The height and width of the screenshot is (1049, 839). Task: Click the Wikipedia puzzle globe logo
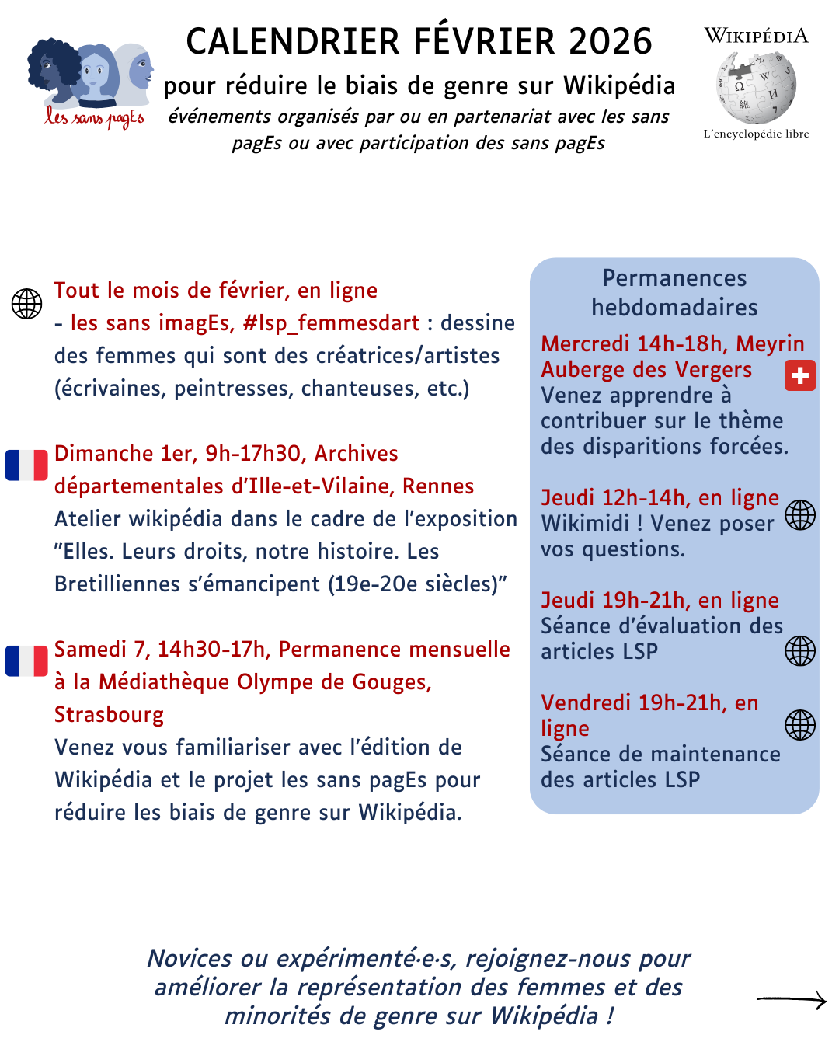coord(756,87)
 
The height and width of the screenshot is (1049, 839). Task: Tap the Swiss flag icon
coord(799,375)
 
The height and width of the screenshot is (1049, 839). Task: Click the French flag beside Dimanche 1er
coord(26,465)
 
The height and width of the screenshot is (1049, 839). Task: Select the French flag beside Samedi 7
coord(26,660)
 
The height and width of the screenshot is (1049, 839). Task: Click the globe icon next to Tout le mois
coord(26,304)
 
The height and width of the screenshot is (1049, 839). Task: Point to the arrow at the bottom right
coord(791,1000)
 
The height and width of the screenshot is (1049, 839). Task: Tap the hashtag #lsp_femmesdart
coord(331,323)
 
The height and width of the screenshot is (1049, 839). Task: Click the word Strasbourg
coord(109,715)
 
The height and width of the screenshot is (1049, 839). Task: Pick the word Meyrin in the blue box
coord(770,343)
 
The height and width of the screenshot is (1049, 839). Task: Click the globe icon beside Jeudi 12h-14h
coord(799,514)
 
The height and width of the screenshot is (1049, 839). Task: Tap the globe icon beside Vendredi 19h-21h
coord(799,725)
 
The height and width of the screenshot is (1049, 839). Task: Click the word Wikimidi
coord(585,524)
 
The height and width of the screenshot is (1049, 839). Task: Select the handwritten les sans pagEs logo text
coord(94,118)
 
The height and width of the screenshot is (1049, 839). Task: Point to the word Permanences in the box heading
coord(674,278)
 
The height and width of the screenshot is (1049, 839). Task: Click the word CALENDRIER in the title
coord(293,42)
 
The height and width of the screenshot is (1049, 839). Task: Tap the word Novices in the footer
coord(190,959)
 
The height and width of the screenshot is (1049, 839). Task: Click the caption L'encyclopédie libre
coord(756,134)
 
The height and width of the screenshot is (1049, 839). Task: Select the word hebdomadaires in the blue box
coord(674,308)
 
